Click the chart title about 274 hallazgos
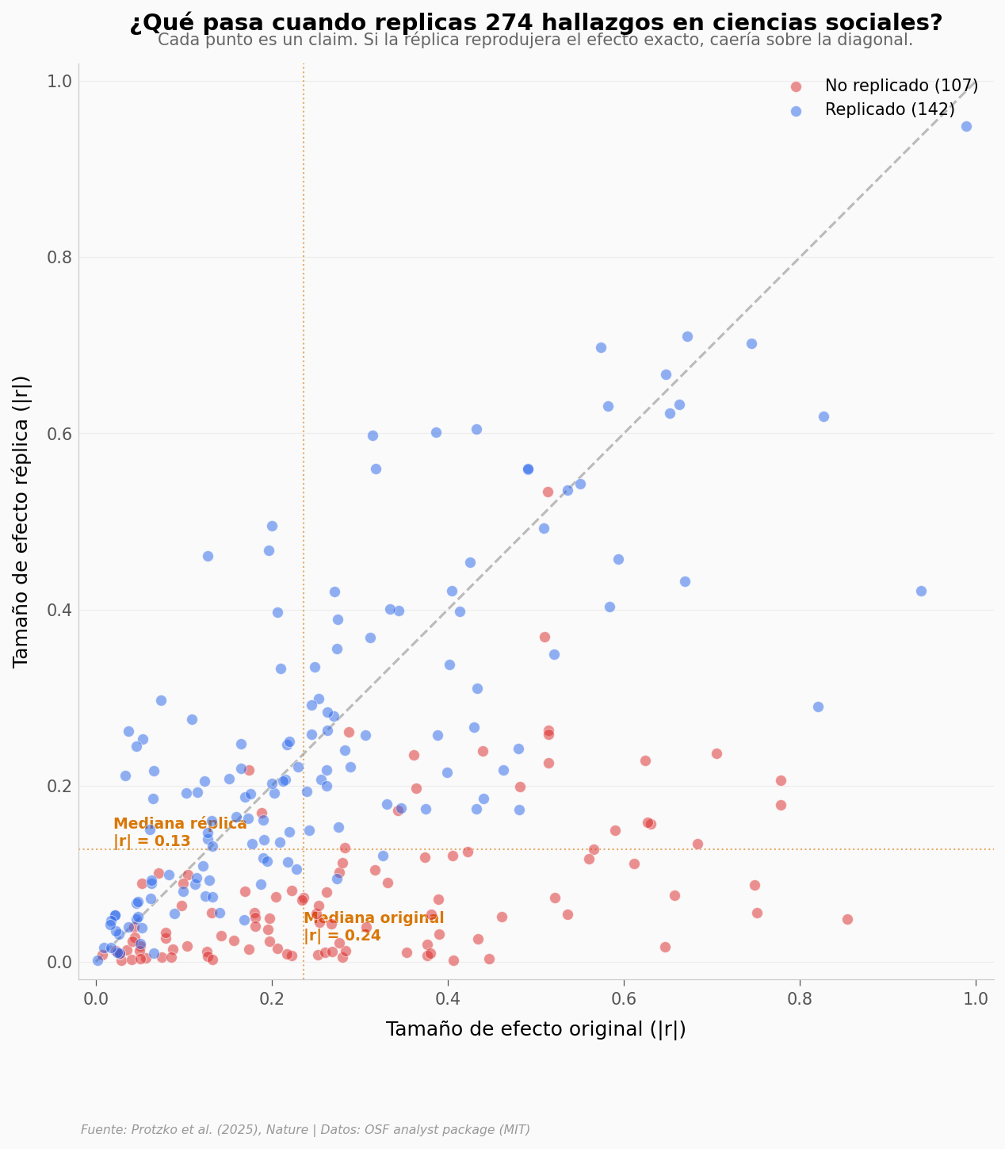click(x=536, y=23)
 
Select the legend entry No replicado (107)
click(x=901, y=86)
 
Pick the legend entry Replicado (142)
click(x=889, y=110)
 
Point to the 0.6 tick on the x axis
click(x=624, y=998)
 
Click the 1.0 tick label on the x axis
click(x=976, y=998)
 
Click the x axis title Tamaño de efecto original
click(x=536, y=1029)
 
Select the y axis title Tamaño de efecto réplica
click(x=21, y=521)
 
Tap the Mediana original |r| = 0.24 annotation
click(x=373, y=927)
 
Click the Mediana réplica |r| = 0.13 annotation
click(x=180, y=833)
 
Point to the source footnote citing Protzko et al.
click(x=305, y=1130)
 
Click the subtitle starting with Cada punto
click(x=536, y=40)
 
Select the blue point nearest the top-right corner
click(x=966, y=126)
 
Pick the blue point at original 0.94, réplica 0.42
click(x=921, y=591)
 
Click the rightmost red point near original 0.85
click(x=847, y=919)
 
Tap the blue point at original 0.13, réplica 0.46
click(x=208, y=556)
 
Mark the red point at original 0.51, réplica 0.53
click(x=548, y=492)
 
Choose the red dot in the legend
click(x=796, y=86)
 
